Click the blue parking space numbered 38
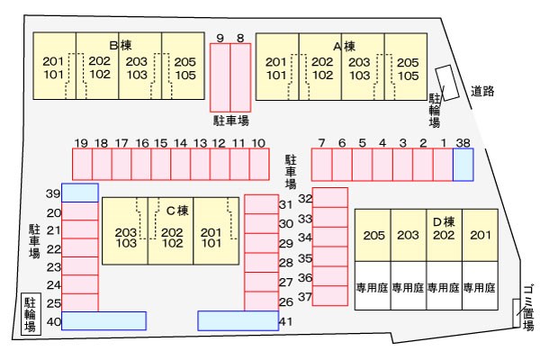(463, 165)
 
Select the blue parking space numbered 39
(80, 193)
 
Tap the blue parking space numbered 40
(104, 320)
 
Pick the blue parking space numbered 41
(238, 320)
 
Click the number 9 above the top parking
(220, 38)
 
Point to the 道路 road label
(482, 91)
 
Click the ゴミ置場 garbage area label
(528, 308)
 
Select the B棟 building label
(121, 45)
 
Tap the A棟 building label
(344, 46)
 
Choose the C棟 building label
(177, 211)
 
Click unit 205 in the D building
(373, 235)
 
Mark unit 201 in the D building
(481, 235)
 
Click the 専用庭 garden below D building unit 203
(408, 287)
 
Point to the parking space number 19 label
(81, 143)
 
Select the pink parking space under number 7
(321, 165)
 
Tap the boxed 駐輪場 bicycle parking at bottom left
(31, 314)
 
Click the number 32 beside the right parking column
(305, 198)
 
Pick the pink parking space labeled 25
(80, 302)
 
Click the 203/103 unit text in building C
(126, 238)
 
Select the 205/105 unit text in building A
(408, 69)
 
